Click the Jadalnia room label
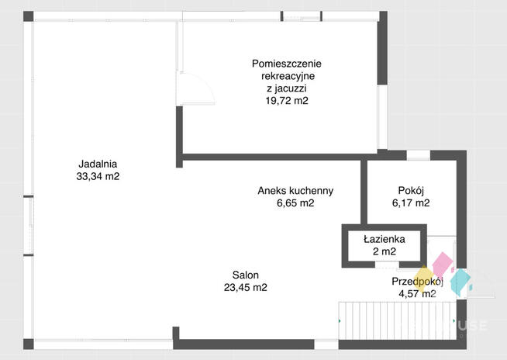tap(98, 164)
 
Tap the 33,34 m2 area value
tap(98, 176)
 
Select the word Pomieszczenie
tap(287, 64)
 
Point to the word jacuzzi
tap(291, 88)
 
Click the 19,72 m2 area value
tap(287, 101)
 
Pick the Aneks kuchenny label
tap(295, 191)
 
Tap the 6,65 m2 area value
tap(295, 203)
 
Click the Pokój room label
tap(411, 191)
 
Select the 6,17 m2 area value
tap(411, 203)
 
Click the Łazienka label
tap(385, 239)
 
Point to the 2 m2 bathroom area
tap(385, 251)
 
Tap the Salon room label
tap(246, 275)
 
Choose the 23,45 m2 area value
tap(246, 288)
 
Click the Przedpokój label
tap(417, 282)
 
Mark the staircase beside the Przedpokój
tap(398, 320)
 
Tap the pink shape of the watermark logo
tap(443, 264)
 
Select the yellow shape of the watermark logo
tap(423, 278)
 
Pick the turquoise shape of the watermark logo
tap(461, 282)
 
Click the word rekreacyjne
tap(288, 76)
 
